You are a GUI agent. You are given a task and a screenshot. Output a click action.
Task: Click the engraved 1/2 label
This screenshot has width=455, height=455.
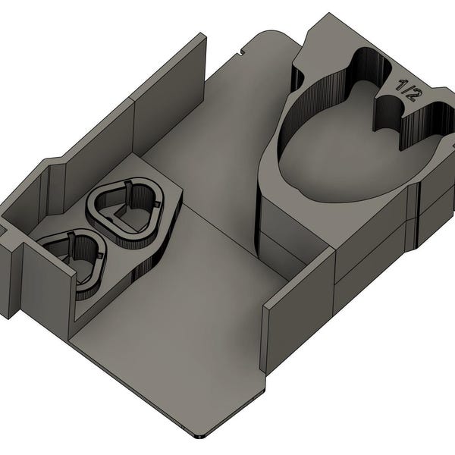pos(406,90)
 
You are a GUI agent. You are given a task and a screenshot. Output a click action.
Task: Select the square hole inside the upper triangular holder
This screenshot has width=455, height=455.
pos(123,214)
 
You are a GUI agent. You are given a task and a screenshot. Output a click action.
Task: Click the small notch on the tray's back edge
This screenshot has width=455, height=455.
pos(240,53)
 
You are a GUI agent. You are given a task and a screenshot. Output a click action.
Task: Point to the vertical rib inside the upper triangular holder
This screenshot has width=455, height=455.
pos(129,193)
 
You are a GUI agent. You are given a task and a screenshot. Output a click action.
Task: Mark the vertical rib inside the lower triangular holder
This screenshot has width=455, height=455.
pos(72,246)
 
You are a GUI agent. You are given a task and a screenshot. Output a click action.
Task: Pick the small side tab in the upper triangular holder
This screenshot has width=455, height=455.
pos(157,204)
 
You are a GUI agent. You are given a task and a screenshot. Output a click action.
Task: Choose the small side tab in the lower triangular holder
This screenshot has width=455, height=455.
pos(100,256)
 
